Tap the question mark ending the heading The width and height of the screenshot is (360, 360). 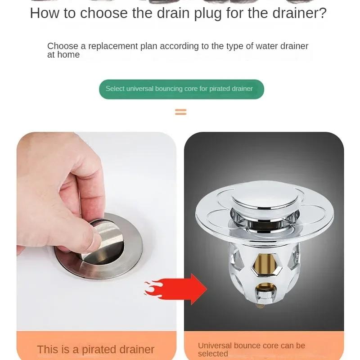pyautogui.click(x=322, y=13)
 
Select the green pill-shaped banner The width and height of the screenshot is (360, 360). pyautogui.click(x=181, y=89)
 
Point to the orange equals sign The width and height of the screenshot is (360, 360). pyautogui.click(x=180, y=112)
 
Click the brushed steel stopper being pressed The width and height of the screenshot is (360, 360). pyautogui.click(x=101, y=243)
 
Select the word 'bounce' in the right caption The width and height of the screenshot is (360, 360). pyautogui.click(x=248, y=346)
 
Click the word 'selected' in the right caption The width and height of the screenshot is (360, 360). pyautogui.click(x=213, y=354)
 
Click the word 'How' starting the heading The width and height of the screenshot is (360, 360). pyautogui.click(x=44, y=13)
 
